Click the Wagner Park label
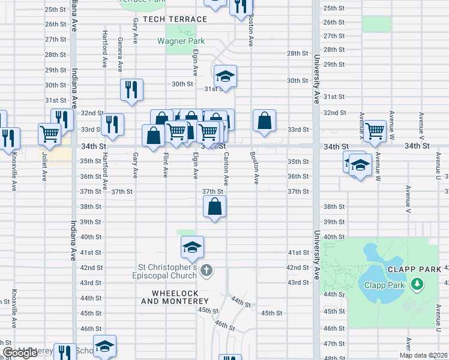point(181,41)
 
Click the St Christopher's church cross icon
point(206,270)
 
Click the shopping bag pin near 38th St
point(215,207)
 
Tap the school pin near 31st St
point(225,76)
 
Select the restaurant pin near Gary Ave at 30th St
point(131,90)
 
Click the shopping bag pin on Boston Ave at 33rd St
point(264,121)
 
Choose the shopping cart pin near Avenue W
point(375,130)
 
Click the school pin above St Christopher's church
point(192,247)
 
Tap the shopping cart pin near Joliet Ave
point(49,134)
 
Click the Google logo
point(20,353)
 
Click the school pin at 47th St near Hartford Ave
point(104,346)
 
